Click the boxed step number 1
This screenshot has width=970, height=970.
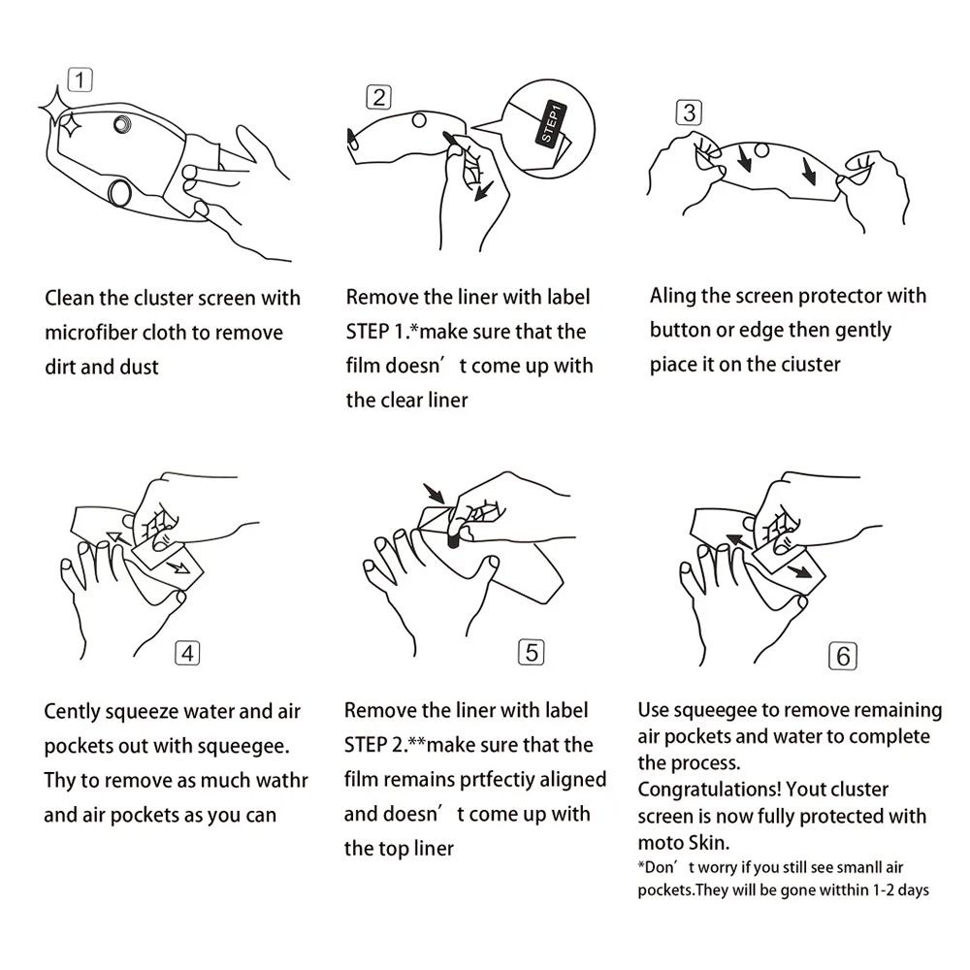click(80, 80)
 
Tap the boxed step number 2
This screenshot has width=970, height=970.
click(378, 97)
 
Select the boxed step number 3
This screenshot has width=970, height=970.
click(689, 113)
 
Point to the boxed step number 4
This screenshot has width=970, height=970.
click(187, 653)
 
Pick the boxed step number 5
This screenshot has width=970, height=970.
click(531, 653)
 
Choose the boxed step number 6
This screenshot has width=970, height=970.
click(843, 657)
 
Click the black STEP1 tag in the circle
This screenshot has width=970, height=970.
click(551, 122)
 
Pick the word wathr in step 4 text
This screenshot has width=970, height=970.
click(282, 780)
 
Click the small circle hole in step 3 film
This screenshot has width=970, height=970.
click(761, 150)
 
